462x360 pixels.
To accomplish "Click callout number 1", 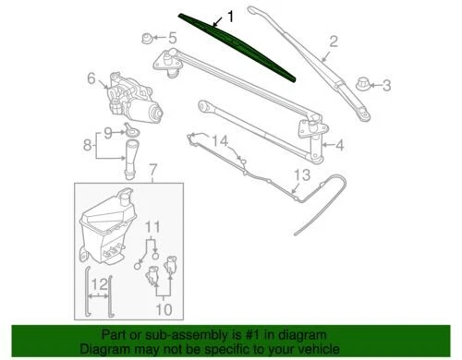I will (231, 16).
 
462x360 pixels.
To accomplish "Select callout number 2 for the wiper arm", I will (334, 40).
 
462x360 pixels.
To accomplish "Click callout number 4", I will (340, 144).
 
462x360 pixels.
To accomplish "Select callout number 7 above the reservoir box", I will (154, 169).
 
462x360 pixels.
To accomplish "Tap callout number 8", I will (88, 144).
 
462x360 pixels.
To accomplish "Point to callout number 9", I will (108, 132).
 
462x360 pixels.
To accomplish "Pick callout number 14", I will (219, 140).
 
